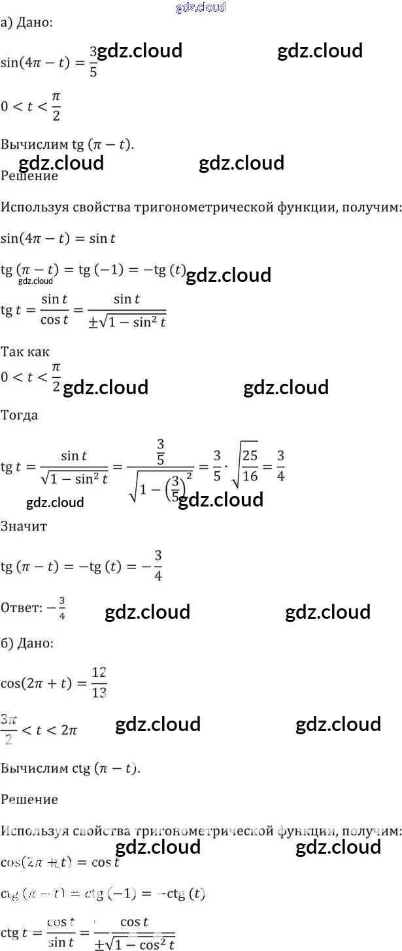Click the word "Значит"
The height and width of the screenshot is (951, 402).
pos(24,526)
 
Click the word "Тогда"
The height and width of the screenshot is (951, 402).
pos(20,415)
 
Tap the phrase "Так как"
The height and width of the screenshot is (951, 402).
pos(25,352)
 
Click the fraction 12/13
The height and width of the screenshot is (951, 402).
pos(99,683)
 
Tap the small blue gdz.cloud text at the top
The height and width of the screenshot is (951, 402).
pos(201,7)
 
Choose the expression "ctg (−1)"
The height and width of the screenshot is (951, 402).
pos(121,894)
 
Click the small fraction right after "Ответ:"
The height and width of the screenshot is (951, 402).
pos(62,608)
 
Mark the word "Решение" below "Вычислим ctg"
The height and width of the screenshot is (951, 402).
pos(29,800)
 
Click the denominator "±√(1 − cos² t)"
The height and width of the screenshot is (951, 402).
pos(135,942)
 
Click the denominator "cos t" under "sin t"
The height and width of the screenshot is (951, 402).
pos(55,320)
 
